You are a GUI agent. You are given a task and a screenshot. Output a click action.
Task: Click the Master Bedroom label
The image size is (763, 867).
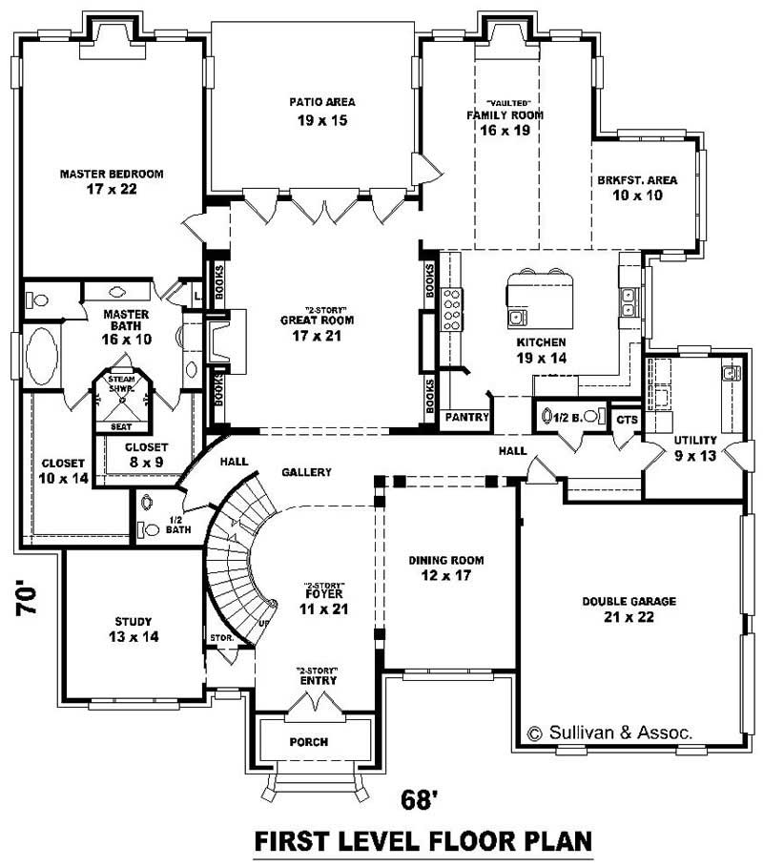click(112, 182)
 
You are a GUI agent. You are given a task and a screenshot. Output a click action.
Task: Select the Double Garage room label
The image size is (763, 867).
click(629, 609)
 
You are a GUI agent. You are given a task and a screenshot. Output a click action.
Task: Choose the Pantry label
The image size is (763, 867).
click(467, 418)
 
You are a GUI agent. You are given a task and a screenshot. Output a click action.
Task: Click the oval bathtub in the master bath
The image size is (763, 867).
click(42, 355)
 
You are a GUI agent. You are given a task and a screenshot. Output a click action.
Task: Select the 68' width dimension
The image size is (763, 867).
click(420, 799)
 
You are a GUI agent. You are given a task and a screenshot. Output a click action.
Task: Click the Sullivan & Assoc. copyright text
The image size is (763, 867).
click(609, 733)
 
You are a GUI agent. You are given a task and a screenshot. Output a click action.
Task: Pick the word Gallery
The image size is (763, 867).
click(306, 472)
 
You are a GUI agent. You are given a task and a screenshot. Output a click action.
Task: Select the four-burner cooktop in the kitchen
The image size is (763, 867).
click(451, 308)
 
